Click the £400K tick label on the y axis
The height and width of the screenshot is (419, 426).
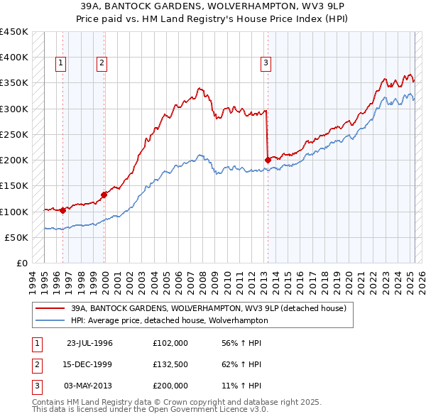click(x=14, y=58)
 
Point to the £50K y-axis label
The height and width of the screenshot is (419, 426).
click(x=17, y=237)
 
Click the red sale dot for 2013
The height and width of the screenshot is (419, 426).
click(x=268, y=160)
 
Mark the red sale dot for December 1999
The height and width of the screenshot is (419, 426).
click(x=104, y=194)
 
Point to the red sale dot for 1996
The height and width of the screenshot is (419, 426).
click(x=62, y=209)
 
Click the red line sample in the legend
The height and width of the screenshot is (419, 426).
click(x=50, y=308)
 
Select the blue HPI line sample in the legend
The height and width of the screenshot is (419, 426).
click(x=50, y=320)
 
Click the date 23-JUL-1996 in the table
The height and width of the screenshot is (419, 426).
click(x=89, y=343)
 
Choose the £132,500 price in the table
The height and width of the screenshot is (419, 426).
click(x=170, y=364)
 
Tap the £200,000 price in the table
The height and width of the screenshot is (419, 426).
click(x=170, y=386)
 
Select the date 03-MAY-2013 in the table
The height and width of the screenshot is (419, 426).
click(x=89, y=386)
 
